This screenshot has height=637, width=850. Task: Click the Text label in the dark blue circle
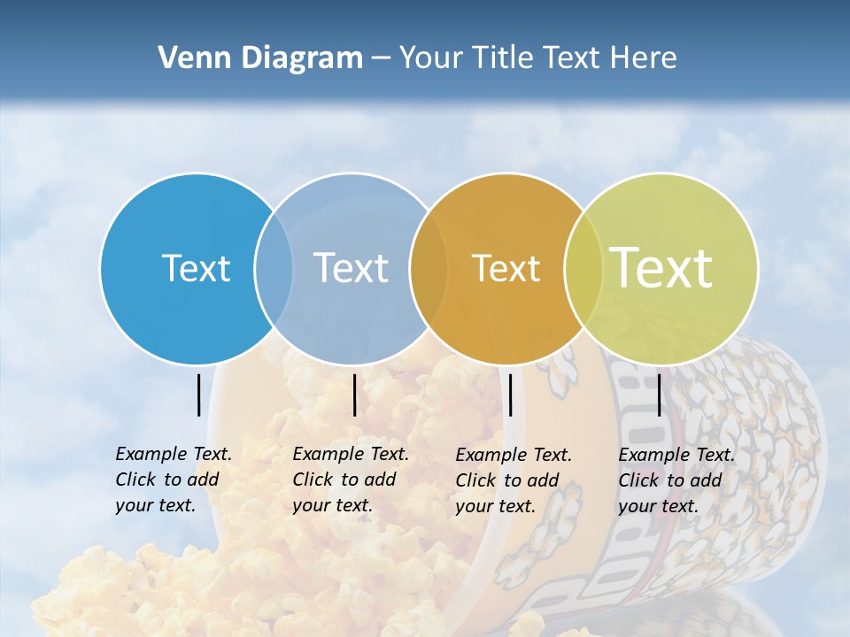pos(196,268)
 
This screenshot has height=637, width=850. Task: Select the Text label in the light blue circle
pos(352,268)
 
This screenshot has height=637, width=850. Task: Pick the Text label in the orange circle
pos(506,269)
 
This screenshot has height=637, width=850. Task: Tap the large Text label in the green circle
pos(661,267)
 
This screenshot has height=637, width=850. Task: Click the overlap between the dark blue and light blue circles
pos(274,268)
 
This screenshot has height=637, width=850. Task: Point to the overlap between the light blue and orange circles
pos(429,268)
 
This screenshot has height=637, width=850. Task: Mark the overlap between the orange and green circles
pos(583,268)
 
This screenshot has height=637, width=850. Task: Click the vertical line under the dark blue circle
pos(198,395)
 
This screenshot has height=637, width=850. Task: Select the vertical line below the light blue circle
pos(354,395)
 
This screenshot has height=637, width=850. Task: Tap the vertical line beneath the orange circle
pos(511,395)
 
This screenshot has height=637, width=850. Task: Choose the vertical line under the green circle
pos(659,395)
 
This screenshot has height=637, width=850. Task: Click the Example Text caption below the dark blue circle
pos(174,480)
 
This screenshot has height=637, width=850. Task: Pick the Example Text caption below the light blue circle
pos(351,480)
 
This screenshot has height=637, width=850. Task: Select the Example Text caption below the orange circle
pos(514,480)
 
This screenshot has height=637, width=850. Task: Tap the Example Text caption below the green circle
pos(676,480)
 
